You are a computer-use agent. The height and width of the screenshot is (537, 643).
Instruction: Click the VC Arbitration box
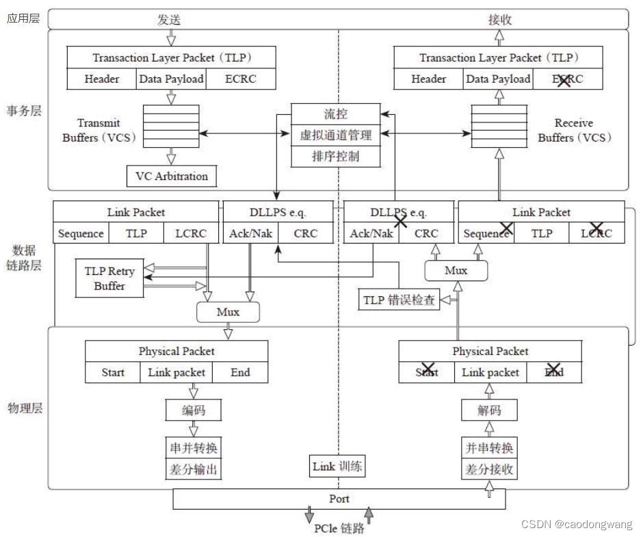click(172, 176)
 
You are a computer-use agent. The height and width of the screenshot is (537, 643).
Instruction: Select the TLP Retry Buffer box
click(109, 278)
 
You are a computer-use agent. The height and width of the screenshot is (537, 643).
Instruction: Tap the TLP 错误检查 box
click(398, 300)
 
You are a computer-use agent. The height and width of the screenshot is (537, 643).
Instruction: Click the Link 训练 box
click(337, 467)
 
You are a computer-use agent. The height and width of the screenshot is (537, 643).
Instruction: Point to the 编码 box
click(193, 410)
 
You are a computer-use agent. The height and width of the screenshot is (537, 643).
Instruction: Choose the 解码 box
click(488, 410)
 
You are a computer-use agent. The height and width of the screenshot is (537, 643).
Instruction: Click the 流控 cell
click(335, 113)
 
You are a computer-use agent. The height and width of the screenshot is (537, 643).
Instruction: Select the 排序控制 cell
click(335, 157)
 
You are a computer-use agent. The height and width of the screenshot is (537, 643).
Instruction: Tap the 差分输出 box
click(193, 470)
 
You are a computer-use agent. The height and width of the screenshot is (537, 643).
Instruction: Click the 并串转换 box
click(488, 448)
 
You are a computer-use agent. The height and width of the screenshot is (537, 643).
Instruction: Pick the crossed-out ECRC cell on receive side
click(567, 79)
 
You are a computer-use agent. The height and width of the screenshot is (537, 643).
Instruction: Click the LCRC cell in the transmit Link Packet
click(190, 233)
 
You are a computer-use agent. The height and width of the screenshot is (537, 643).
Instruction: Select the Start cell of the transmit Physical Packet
click(113, 372)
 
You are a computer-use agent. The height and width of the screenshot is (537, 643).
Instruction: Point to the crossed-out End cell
click(554, 372)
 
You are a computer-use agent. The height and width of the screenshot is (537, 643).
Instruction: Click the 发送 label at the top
click(168, 20)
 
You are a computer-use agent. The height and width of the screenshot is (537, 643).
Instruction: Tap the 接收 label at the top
click(499, 20)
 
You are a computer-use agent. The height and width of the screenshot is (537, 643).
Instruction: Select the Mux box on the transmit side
click(228, 312)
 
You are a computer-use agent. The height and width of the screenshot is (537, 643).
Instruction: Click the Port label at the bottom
click(339, 499)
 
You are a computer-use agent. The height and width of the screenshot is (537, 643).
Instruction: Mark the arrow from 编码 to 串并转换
click(193, 429)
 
